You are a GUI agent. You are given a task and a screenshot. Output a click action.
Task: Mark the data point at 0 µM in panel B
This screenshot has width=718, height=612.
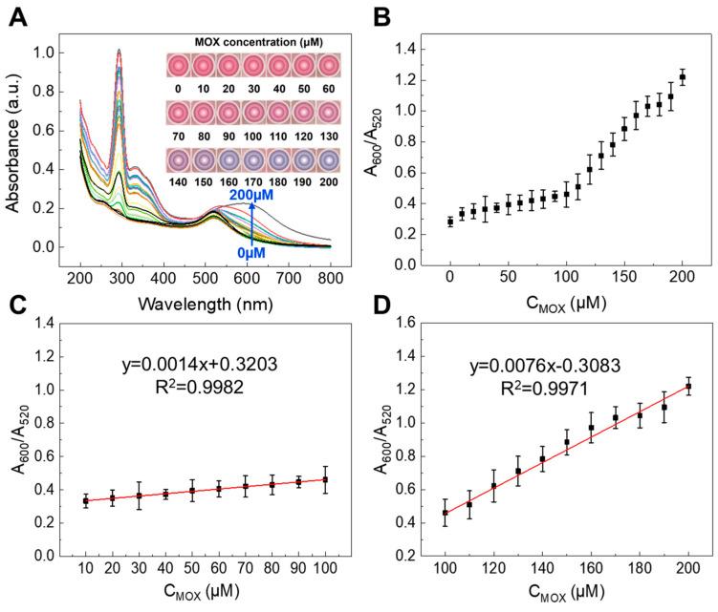pyautogui.click(x=450, y=222)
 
